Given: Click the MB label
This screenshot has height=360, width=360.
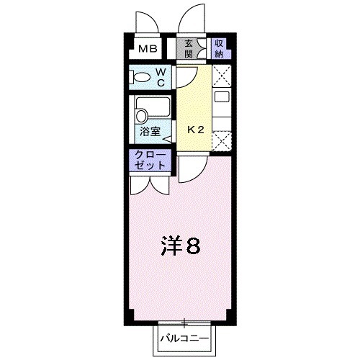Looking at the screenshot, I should tap(148, 49).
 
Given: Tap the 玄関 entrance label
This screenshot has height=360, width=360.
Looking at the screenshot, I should tap(189, 48).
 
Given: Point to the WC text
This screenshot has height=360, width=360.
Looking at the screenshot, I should tap(161, 77).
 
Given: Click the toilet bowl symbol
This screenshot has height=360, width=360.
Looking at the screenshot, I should tap(141, 77).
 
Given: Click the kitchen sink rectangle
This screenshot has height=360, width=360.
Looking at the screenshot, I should tap(222, 96).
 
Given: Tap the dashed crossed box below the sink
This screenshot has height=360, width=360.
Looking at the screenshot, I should tap(222, 139).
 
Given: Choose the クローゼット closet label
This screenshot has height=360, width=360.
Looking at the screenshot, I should tap(149, 159).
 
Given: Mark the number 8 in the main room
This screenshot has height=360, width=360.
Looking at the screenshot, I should tap(192, 246).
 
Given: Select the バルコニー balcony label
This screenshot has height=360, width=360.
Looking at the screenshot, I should tap(185, 337).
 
